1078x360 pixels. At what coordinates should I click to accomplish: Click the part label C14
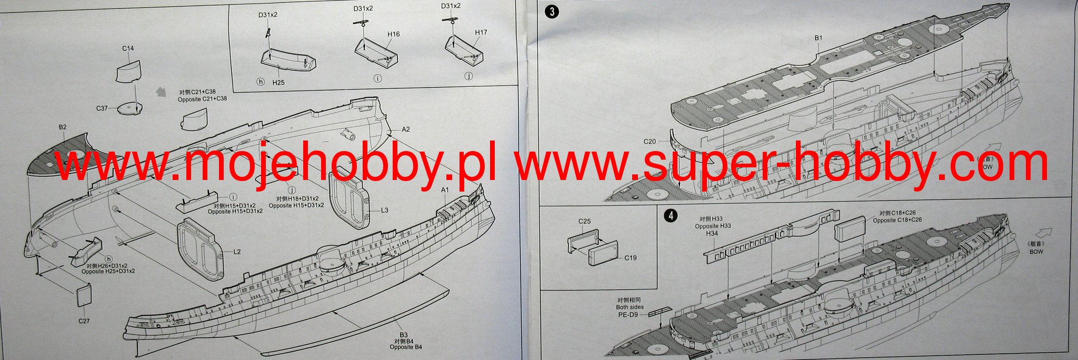[128, 48]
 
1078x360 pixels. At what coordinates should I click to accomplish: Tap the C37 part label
[102, 108]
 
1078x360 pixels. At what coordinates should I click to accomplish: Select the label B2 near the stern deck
[63, 127]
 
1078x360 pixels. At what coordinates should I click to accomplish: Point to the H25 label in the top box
[278, 83]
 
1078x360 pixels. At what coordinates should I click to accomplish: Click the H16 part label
[394, 34]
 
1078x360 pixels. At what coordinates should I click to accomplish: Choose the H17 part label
[481, 32]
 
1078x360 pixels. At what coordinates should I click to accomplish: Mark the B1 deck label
[819, 38]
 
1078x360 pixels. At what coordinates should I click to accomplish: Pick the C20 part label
[650, 142]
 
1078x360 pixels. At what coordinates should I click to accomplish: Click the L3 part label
[385, 210]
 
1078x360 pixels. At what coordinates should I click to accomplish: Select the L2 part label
[237, 252]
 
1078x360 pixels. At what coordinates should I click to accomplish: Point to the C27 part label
[84, 321]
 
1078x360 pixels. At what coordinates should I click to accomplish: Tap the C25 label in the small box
[585, 222]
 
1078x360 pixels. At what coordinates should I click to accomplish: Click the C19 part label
[631, 258]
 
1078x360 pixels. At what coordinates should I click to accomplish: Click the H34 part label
[712, 233]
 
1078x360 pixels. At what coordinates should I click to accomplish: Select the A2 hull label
[406, 129]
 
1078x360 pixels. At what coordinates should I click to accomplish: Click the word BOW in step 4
[1036, 252]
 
